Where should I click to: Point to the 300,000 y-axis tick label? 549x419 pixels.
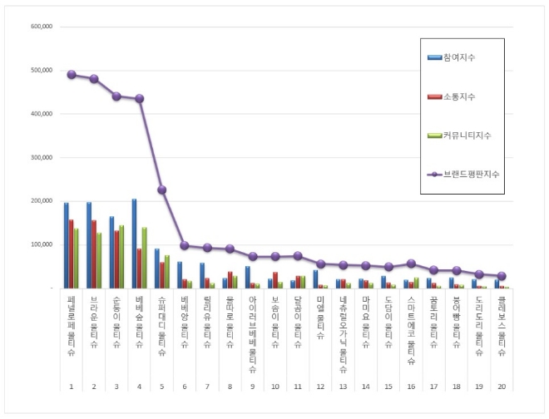pos(42,157)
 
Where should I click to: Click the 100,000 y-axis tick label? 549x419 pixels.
pos(42,244)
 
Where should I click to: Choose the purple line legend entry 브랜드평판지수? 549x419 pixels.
pos(470,174)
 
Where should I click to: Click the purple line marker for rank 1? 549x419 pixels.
pos(72,75)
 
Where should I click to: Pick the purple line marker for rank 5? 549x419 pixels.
pos(162,190)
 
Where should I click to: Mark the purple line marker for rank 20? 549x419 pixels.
pos(502,276)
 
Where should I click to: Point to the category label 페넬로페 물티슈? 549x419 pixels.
pos(72,324)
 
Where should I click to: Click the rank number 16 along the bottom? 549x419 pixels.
pos(411,387)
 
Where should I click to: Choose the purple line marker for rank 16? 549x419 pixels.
pos(411,264)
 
